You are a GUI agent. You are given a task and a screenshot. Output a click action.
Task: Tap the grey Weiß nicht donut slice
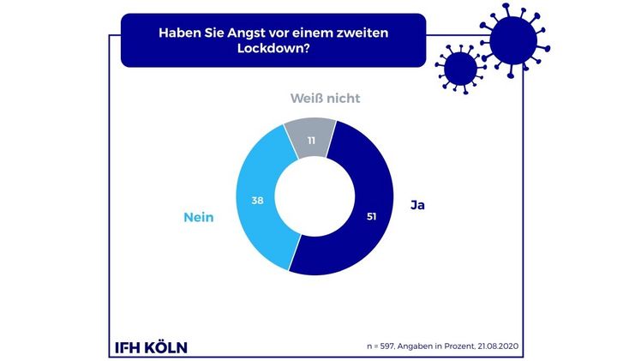tap(310, 139)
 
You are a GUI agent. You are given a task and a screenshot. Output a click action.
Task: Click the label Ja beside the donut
tap(417, 206)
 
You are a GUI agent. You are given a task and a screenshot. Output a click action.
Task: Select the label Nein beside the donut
tap(198, 217)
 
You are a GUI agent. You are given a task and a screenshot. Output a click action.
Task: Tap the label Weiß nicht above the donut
tap(323, 99)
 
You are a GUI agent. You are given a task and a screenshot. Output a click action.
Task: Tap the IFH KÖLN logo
tap(150, 347)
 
